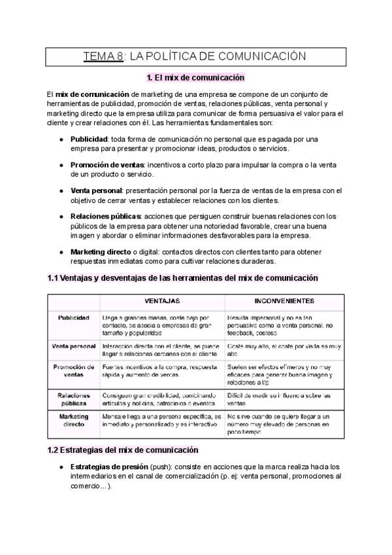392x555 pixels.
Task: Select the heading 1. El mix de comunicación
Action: click(x=196, y=79)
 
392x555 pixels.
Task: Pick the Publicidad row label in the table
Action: click(x=73, y=317)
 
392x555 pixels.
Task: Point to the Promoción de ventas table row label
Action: click(x=73, y=371)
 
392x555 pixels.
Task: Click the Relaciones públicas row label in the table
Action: click(x=73, y=400)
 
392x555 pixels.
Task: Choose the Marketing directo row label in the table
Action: click(x=73, y=420)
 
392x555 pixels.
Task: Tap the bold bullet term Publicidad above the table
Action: click(x=89, y=139)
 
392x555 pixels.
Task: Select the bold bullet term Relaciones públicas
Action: click(x=105, y=216)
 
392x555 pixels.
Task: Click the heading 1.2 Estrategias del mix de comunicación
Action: click(x=123, y=450)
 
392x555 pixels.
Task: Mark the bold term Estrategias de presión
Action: click(x=108, y=467)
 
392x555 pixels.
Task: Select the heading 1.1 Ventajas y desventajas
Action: click(x=183, y=277)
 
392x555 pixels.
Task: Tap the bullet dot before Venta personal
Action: click(x=61, y=191)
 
